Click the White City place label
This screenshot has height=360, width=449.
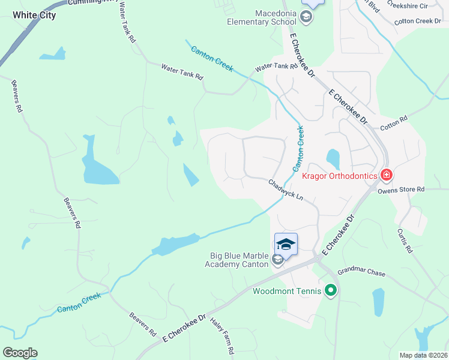34,15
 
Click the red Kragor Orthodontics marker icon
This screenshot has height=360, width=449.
386,175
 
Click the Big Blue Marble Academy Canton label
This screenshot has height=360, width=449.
237,260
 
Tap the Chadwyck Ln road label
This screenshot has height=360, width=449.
286,190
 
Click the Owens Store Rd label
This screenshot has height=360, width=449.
401,190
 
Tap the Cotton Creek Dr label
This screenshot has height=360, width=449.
418,21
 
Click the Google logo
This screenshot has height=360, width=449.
20,353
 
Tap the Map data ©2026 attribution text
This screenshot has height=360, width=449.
424,355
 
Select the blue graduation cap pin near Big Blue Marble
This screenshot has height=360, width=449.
286,244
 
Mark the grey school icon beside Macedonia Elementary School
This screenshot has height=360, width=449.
307,17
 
